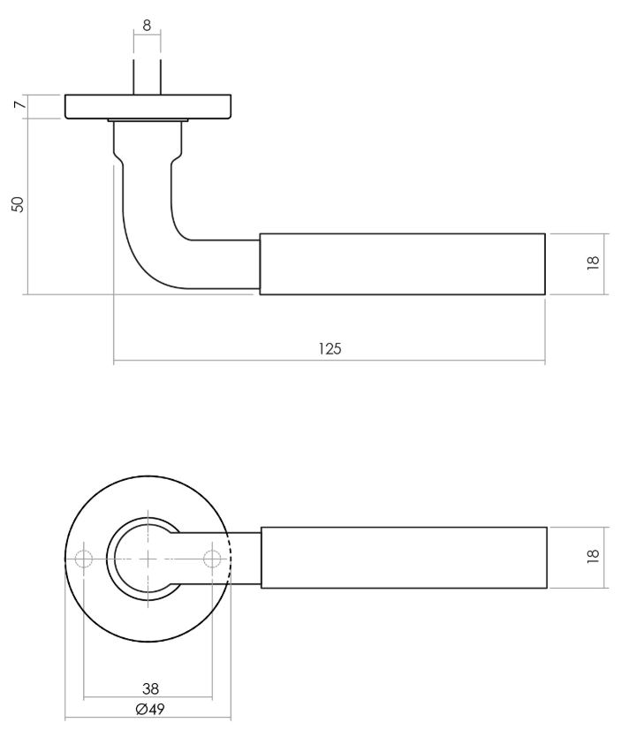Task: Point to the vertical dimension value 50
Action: (17, 203)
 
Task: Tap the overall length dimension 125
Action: (330, 348)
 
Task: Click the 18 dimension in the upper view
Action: (593, 262)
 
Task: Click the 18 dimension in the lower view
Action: (593, 555)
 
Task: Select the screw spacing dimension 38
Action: (150, 689)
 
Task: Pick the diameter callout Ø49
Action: (150, 708)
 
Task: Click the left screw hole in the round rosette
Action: (84, 559)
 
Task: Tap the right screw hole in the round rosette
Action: (212, 559)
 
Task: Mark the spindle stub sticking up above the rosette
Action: (147, 76)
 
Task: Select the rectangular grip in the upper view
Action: (402, 263)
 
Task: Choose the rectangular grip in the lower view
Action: (404, 557)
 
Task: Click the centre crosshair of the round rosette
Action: (148, 559)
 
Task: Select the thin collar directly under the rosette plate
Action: (148, 120)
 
